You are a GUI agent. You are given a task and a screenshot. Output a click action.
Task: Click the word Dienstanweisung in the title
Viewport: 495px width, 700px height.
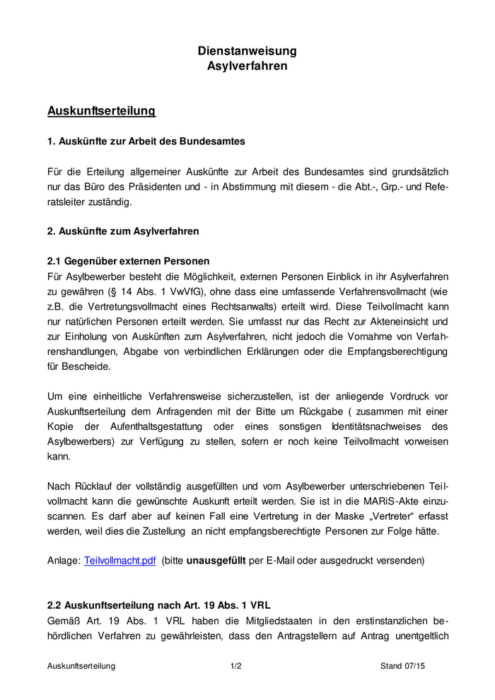pyautogui.click(x=248, y=51)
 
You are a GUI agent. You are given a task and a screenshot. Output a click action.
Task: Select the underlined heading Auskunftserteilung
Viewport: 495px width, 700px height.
pyautogui.click(x=101, y=111)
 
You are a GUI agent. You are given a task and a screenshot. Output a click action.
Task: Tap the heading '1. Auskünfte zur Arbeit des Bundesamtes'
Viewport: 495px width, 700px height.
pyautogui.click(x=146, y=141)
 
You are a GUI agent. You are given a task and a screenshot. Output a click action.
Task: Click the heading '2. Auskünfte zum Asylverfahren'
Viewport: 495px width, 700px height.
pyautogui.click(x=123, y=231)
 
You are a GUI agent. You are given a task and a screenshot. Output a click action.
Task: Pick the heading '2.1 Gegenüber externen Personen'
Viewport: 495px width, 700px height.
pyautogui.click(x=128, y=261)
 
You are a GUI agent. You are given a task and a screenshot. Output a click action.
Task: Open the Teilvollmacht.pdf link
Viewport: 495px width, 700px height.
pyautogui.click(x=120, y=561)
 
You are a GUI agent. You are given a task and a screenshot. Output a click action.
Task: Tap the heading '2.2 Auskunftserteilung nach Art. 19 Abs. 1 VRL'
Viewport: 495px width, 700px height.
pyautogui.click(x=159, y=605)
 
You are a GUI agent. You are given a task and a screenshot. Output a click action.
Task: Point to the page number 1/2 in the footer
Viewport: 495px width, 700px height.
pyautogui.click(x=235, y=666)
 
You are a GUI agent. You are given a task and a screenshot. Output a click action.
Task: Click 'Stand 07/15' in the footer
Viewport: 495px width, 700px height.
pyautogui.click(x=403, y=666)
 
